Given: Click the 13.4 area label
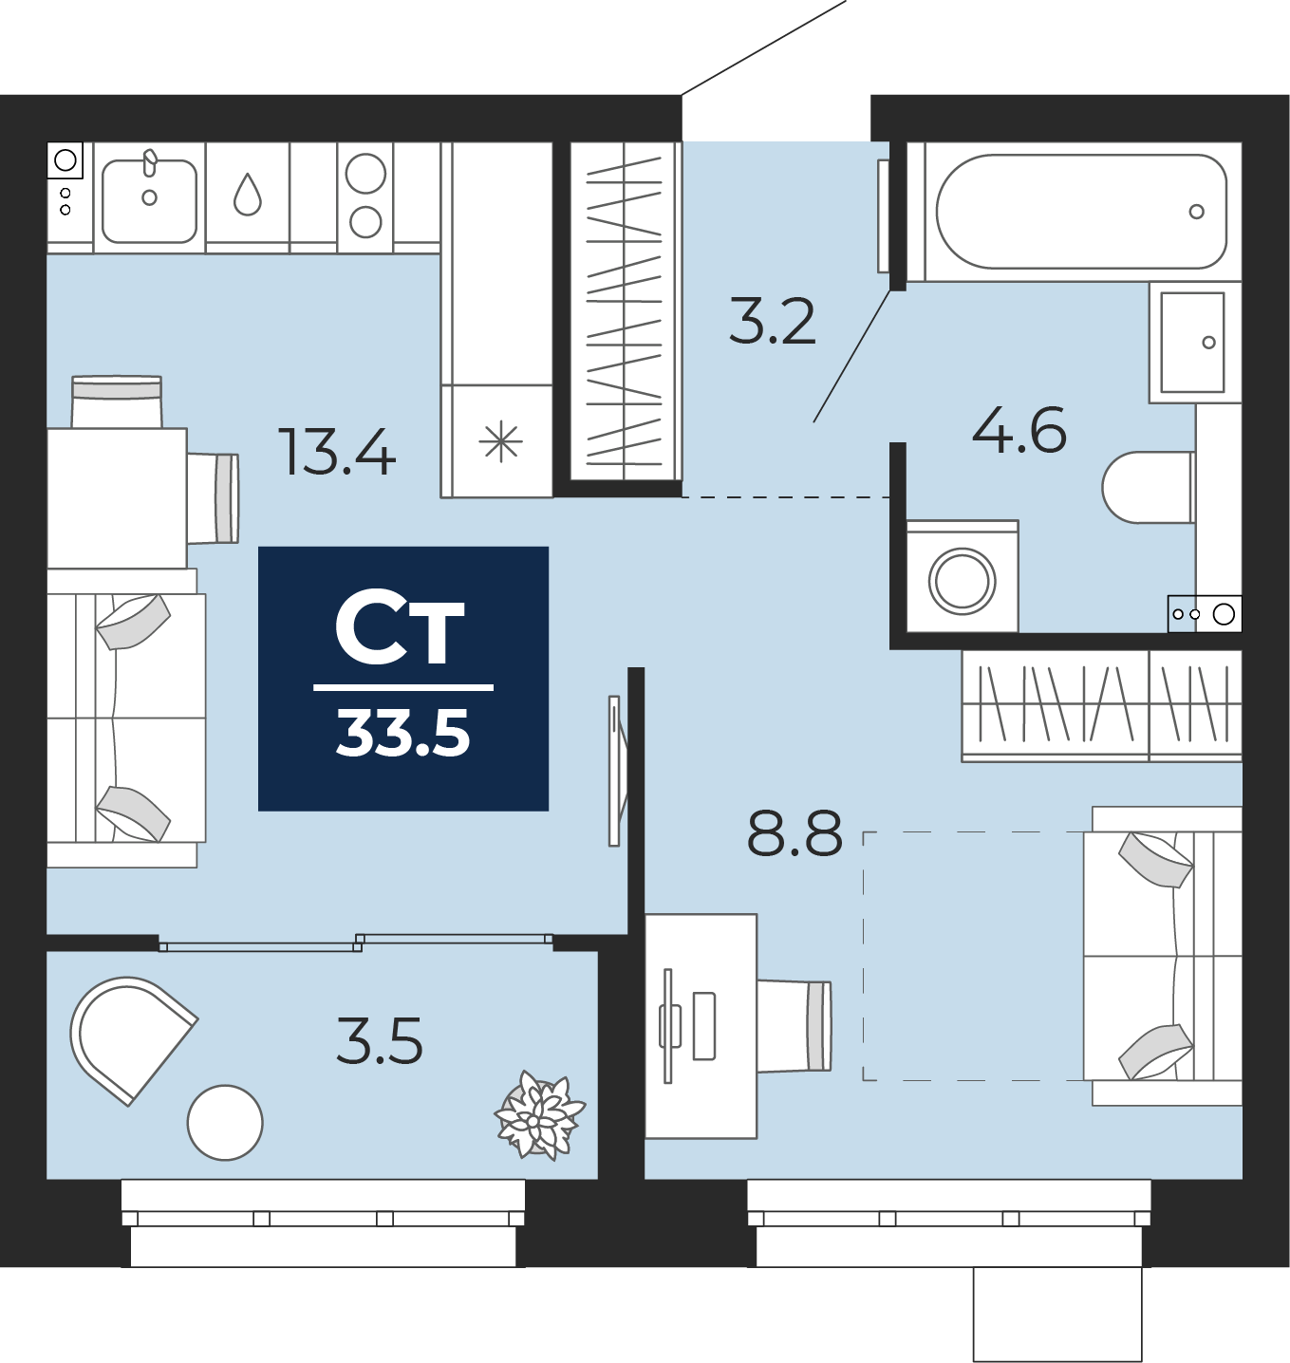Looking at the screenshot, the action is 337,452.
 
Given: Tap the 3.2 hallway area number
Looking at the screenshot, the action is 772,321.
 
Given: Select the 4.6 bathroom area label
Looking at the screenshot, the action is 1019,429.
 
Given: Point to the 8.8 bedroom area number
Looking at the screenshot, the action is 795,832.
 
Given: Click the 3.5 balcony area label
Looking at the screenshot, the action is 380,1040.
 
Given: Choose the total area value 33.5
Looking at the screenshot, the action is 403,734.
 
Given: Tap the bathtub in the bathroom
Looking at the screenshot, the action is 1081,212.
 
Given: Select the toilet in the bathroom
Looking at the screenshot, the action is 1149,487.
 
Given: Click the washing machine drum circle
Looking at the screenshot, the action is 962,581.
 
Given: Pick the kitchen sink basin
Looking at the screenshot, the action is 149,201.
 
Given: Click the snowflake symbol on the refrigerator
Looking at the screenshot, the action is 501,441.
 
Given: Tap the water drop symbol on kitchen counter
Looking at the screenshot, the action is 248,195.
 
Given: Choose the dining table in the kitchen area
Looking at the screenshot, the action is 117,497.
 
